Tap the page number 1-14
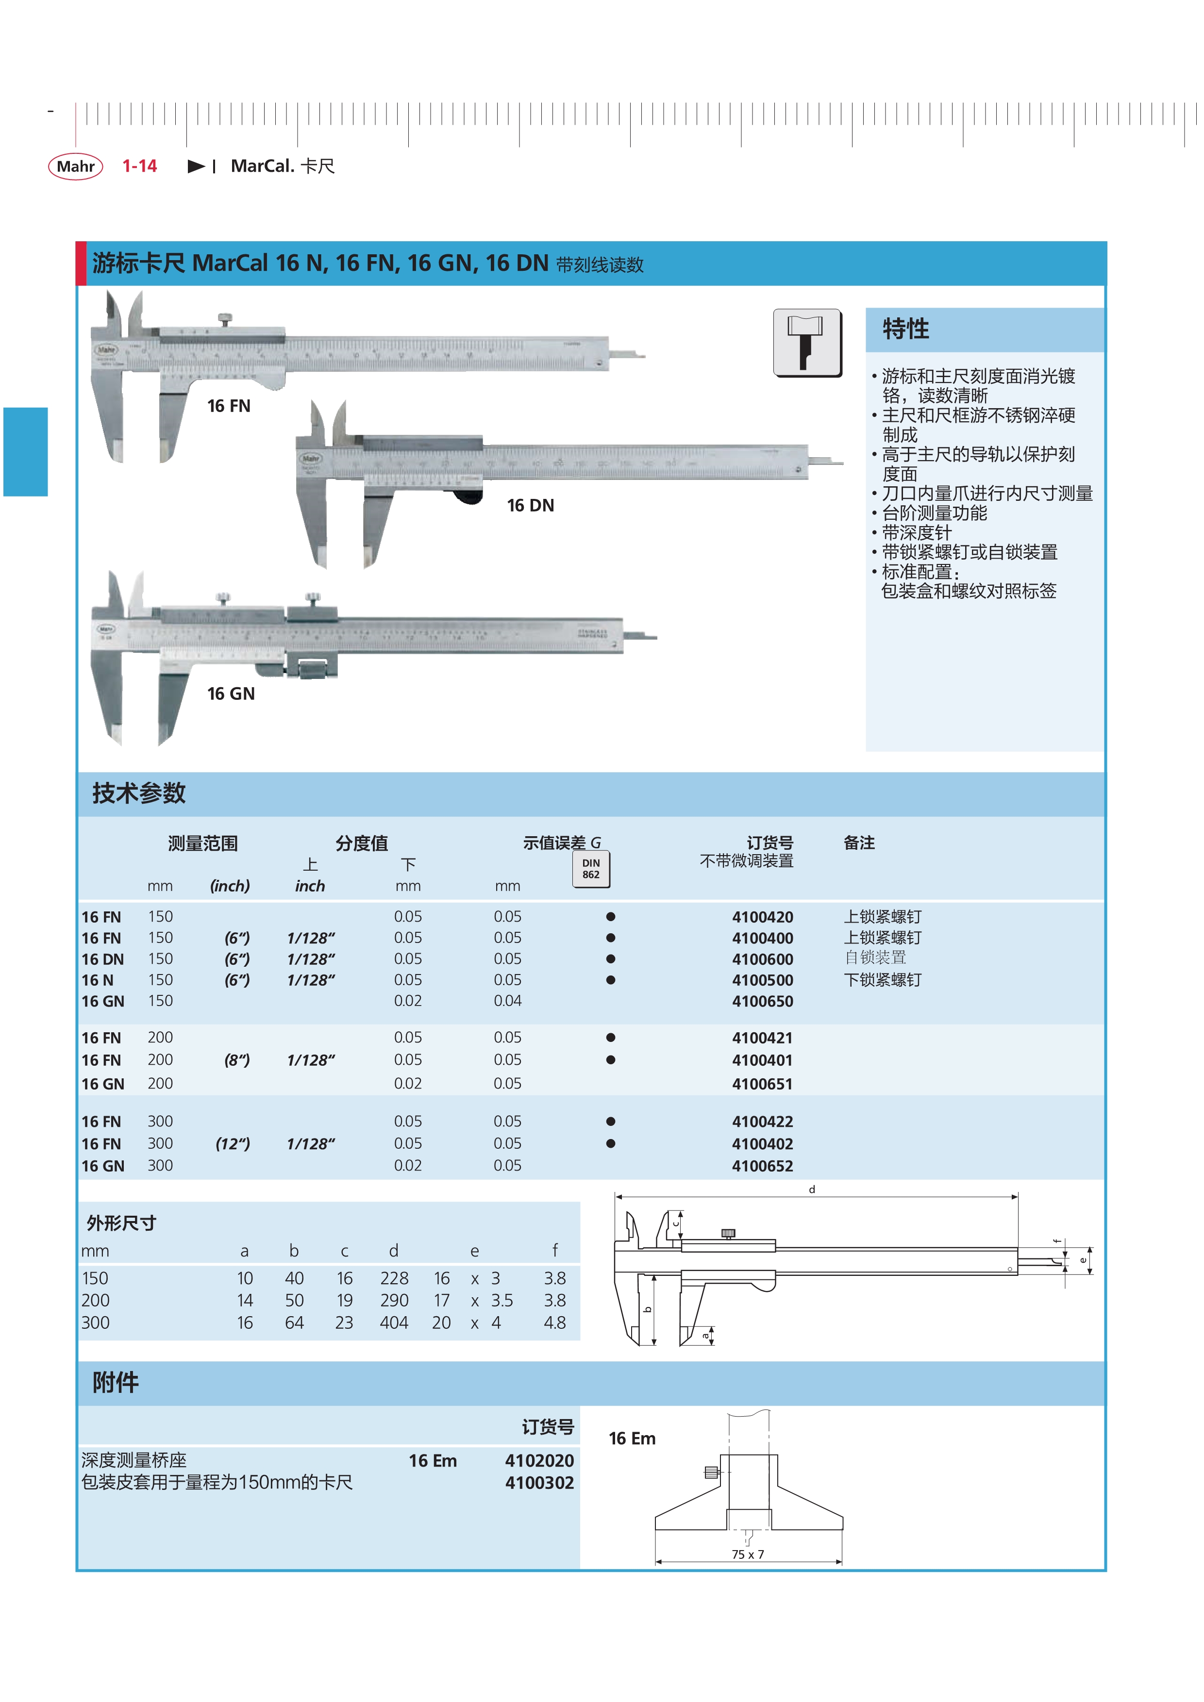pyautogui.click(x=139, y=166)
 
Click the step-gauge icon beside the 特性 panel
pyautogui.click(x=807, y=343)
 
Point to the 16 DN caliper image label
pyautogui.click(x=530, y=506)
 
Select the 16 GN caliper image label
pyautogui.click(x=231, y=694)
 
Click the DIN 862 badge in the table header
pyautogui.click(x=591, y=869)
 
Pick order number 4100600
pyautogui.click(x=762, y=959)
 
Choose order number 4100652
pyautogui.click(x=762, y=1166)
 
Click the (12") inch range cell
pyautogui.click(x=233, y=1144)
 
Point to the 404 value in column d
pyautogui.click(x=394, y=1322)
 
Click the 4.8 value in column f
pyautogui.click(x=554, y=1322)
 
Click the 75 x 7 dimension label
pyautogui.click(x=747, y=1554)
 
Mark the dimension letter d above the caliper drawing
pyautogui.click(x=812, y=1189)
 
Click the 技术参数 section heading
pyautogui.click(x=139, y=793)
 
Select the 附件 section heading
pyautogui.click(x=116, y=1383)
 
